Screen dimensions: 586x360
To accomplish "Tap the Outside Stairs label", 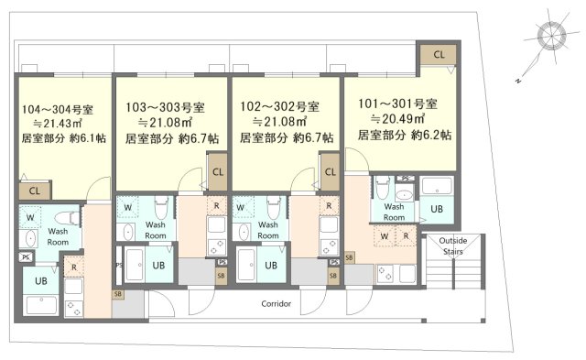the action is [x=453, y=245].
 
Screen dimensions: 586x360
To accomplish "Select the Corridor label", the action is [x=277, y=303].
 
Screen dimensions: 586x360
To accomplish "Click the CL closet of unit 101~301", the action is [x=439, y=55].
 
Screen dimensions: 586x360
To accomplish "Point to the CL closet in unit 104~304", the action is [x=35, y=191].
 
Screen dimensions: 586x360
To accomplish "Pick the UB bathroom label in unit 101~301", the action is [x=437, y=209].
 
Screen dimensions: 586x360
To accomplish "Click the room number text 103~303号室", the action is [x=165, y=108].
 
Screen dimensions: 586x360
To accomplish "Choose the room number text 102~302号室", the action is [x=279, y=106].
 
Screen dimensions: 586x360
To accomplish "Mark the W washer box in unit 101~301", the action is [x=385, y=236].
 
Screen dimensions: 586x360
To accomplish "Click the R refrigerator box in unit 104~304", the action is [x=73, y=267].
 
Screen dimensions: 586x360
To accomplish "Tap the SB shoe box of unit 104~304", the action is [x=118, y=294].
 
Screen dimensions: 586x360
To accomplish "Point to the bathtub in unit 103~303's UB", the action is [x=135, y=265].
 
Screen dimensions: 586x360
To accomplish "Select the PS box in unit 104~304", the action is [x=26, y=256].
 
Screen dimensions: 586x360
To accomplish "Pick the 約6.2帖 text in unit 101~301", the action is [x=431, y=135].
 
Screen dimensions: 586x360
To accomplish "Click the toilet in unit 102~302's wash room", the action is [x=273, y=207].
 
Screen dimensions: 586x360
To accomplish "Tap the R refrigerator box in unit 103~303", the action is [x=216, y=205].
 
